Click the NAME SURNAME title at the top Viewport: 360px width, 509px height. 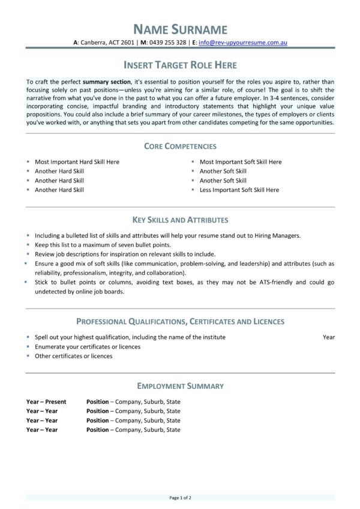point(180,29)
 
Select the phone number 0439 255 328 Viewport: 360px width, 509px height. point(167,43)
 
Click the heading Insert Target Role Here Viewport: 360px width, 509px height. point(180,65)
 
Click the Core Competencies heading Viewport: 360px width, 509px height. point(180,146)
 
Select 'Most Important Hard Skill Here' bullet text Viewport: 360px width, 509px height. point(77,162)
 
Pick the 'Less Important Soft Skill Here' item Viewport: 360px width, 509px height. point(239,190)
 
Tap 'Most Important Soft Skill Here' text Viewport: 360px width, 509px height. point(240,162)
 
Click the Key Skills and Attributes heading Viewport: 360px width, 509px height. point(180,220)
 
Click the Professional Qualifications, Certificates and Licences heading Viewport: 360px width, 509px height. point(180,322)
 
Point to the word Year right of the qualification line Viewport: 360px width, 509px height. point(328,337)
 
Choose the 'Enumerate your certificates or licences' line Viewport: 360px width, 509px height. point(88,347)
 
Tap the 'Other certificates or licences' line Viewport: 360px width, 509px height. point(73,356)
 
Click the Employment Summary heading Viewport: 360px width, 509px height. point(180,386)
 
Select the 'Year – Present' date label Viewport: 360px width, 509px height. point(46,402)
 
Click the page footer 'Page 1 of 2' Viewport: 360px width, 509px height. point(180,498)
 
